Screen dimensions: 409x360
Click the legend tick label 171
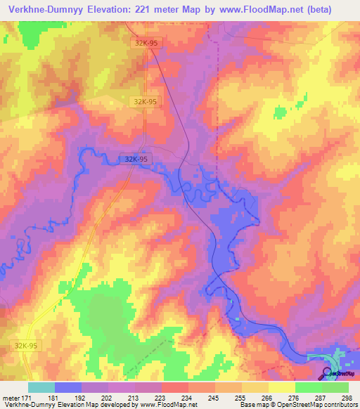pos(28,397)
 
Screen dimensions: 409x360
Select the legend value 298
pos(347,397)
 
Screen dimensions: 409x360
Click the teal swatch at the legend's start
pos(41,387)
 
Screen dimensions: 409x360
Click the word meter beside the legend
pos(11,397)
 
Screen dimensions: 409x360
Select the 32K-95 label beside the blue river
pos(134,160)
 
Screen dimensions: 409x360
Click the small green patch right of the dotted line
pos(280,112)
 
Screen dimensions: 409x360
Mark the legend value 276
pos(295,397)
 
